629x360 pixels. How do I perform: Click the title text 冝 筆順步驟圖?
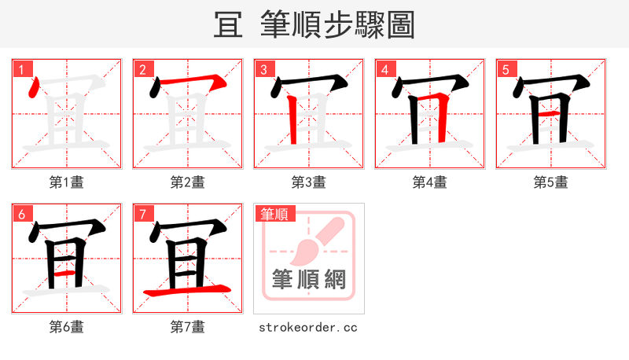(314, 25)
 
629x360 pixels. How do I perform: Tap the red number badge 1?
(20, 69)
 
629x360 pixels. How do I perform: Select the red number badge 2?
(142, 69)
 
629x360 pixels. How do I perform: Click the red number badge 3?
(263, 69)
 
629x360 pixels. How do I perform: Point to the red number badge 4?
(384, 69)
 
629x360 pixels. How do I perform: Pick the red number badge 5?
(505, 69)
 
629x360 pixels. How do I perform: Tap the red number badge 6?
(20, 214)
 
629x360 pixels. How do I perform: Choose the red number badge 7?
(142, 214)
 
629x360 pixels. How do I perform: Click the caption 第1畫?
(67, 182)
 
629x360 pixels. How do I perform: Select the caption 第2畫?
(188, 182)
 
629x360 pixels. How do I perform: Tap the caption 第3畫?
(309, 182)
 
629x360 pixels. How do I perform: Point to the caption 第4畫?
(430, 182)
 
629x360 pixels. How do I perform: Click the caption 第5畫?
(551, 182)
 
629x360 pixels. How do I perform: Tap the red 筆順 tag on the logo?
(273, 214)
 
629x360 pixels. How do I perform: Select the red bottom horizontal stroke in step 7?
(187, 292)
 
